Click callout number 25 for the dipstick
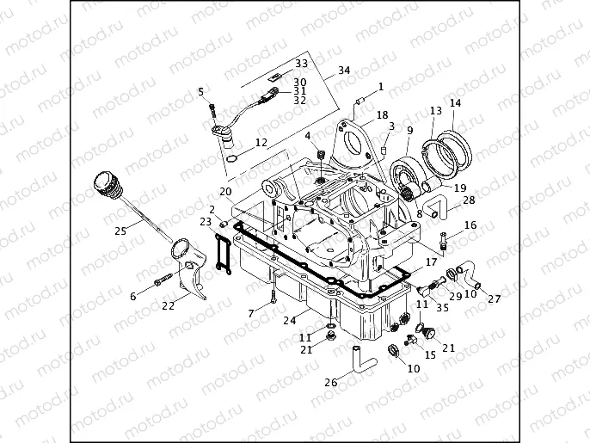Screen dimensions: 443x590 click(x=120, y=231)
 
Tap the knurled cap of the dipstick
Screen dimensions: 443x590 click(x=104, y=183)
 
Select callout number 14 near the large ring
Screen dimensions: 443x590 click(x=455, y=103)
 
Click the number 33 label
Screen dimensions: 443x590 click(x=301, y=64)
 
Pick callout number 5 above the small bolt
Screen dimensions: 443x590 click(x=200, y=92)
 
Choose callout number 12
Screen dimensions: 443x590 click(x=261, y=142)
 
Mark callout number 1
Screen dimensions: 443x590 click(x=381, y=86)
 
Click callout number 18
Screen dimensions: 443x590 click(x=382, y=115)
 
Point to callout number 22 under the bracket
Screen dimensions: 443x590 click(x=169, y=305)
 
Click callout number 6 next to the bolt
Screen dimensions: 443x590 click(x=133, y=296)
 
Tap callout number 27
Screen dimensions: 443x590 click(x=495, y=299)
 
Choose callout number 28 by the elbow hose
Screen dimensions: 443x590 click(x=469, y=200)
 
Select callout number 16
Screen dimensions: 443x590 click(x=470, y=225)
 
